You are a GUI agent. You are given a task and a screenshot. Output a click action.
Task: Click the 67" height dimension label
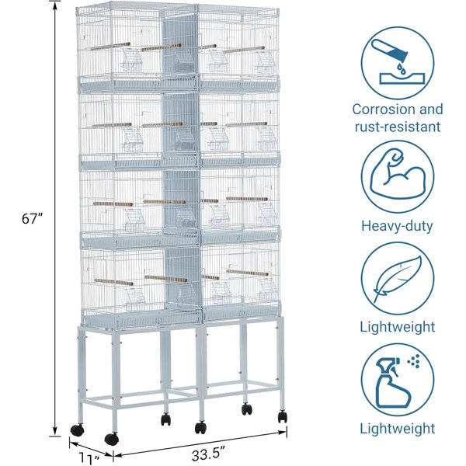point(33,219)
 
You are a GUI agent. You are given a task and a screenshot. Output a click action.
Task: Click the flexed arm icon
point(398,174)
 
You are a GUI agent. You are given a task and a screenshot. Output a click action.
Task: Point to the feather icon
point(398,279)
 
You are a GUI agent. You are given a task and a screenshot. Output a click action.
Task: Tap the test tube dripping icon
point(398,61)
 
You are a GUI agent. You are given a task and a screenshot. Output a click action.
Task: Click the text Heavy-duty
point(397,226)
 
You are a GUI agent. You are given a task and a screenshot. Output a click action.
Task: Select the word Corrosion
point(384,110)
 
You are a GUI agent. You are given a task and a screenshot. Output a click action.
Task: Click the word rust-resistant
point(398,127)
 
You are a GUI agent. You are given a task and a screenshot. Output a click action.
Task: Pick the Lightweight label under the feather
point(398,327)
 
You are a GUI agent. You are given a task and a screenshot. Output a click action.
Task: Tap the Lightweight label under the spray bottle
point(398,429)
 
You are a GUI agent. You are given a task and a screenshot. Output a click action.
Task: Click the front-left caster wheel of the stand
point(111,439)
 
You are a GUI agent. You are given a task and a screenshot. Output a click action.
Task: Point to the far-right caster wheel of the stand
point(283,416)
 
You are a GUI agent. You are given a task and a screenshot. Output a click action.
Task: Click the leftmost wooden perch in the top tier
point(110,46)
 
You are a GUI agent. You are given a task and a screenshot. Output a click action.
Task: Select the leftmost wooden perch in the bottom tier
point(113,282)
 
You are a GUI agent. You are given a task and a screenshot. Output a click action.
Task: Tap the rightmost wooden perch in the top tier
point(244,50)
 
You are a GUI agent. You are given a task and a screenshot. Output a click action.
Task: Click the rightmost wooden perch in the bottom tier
point(247,273)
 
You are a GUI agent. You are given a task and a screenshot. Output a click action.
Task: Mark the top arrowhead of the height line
point(54,5)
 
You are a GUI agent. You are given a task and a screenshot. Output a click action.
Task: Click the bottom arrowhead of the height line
point(54,432)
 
